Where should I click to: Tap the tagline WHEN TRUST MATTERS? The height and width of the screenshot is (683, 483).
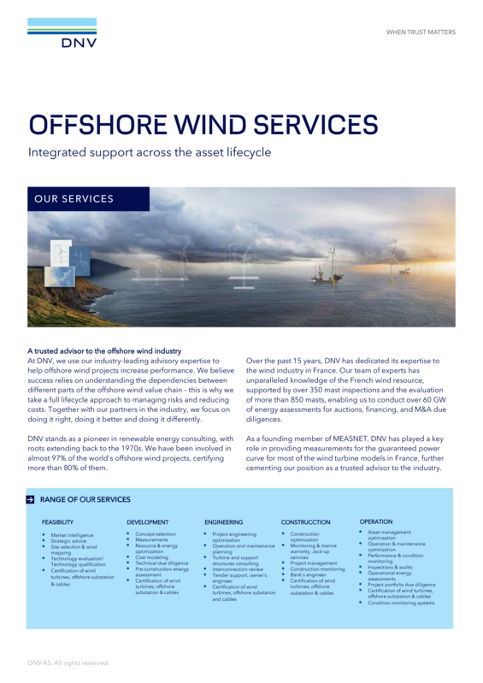(421, 32)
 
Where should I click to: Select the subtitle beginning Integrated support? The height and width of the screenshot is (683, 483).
(150, 153)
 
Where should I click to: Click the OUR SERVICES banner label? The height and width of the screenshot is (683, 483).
(74, 199)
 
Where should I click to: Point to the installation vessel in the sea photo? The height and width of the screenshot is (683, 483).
(326, 276)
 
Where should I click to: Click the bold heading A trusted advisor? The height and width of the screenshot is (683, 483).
(104, 351)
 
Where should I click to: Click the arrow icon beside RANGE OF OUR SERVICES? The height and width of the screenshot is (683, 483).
(32, 499)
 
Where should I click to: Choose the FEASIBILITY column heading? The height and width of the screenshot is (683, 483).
(57, 521)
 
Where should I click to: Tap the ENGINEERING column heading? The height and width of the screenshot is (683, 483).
(223, 521)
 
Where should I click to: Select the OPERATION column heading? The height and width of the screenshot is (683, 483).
(376, 521)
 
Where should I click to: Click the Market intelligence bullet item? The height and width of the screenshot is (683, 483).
(72, 535)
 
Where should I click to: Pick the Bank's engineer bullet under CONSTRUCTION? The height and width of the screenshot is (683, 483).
(309, 574)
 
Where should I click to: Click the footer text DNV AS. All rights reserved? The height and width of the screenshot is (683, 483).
(68, 662)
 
